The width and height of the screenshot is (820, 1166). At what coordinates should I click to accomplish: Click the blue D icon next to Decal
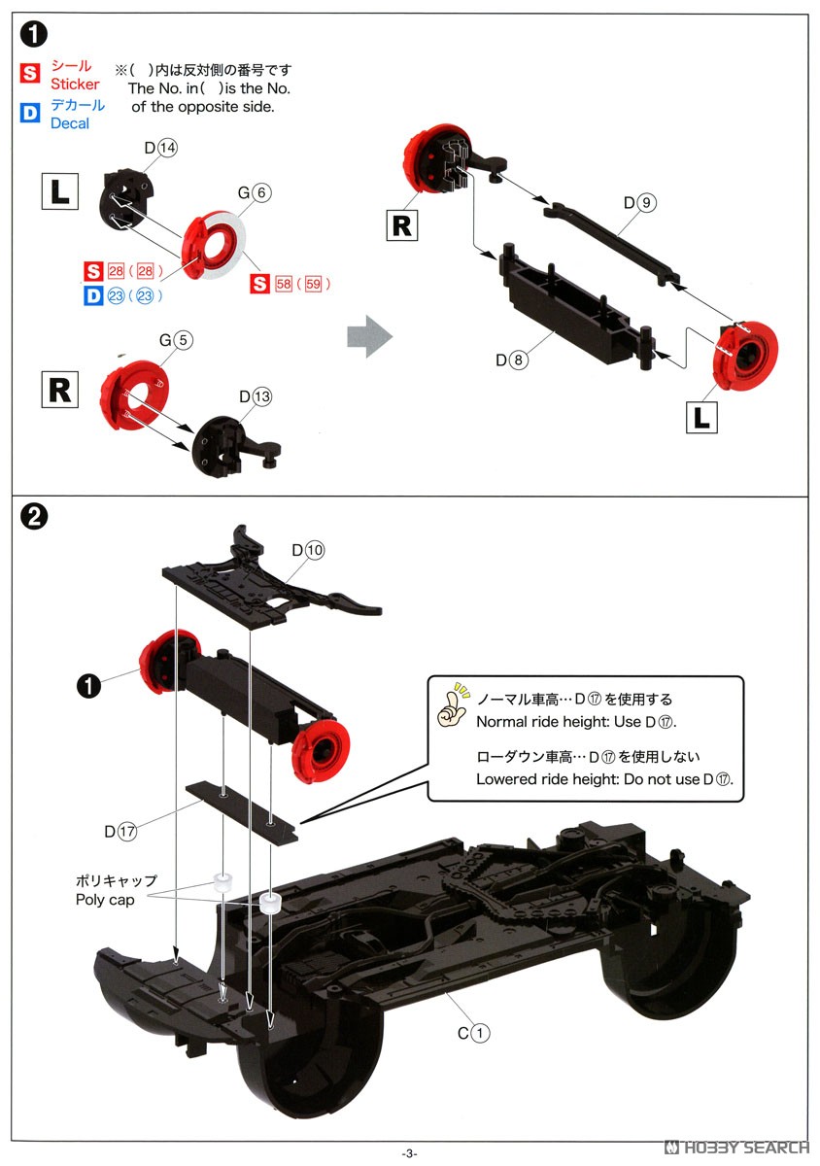click(x=31, y=114)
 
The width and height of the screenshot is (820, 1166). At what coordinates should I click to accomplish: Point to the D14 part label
click(x=160, y=148)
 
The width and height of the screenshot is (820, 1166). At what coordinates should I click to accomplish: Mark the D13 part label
click(x=256, y=396)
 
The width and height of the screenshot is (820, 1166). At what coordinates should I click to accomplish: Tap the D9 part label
click(x=641, y=202)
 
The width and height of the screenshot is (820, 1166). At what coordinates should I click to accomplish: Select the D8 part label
click(x=512, y=360)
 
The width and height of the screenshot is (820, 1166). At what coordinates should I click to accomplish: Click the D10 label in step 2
click(x=307, y=550)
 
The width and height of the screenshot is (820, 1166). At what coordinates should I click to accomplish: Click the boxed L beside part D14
click(x=59, y=190)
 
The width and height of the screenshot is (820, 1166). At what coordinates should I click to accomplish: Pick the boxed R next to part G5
click(x=59, y=390)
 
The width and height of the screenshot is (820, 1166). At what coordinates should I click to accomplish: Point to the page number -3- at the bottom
click(x=409, y=1152)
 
